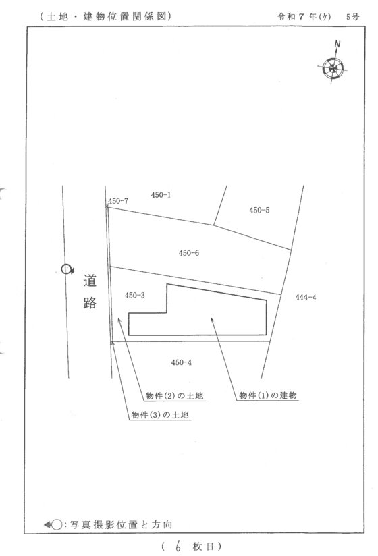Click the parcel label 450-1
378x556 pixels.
[x=161, y=195]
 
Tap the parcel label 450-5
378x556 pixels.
[x=259, y=211]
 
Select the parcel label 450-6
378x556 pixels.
[x=188, y=253]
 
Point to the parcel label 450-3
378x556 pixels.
[x=135, y=296]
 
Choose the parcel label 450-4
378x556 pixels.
[x=181, y=362]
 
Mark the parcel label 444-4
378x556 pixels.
[x=306, y=298]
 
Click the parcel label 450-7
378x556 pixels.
[x=118, y=201]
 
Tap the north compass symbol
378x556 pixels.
[x=333, y=68]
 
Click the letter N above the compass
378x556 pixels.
[x=337, y=44]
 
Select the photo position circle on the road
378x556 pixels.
[x=66, y=269]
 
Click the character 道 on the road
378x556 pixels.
[x=90, y=281]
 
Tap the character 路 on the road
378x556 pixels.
[x=90, y=302]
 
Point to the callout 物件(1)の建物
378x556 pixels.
[x=268, y=395]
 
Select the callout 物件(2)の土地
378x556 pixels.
[x=174, y=395]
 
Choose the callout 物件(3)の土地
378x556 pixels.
[x=160, y=414]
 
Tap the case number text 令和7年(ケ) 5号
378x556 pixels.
[x=318, y=16]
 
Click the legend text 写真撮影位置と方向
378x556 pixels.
[x=122, y=524]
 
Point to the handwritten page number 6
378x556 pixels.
[x=178, y=546]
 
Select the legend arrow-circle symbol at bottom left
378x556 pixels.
[x=53, y=524]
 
